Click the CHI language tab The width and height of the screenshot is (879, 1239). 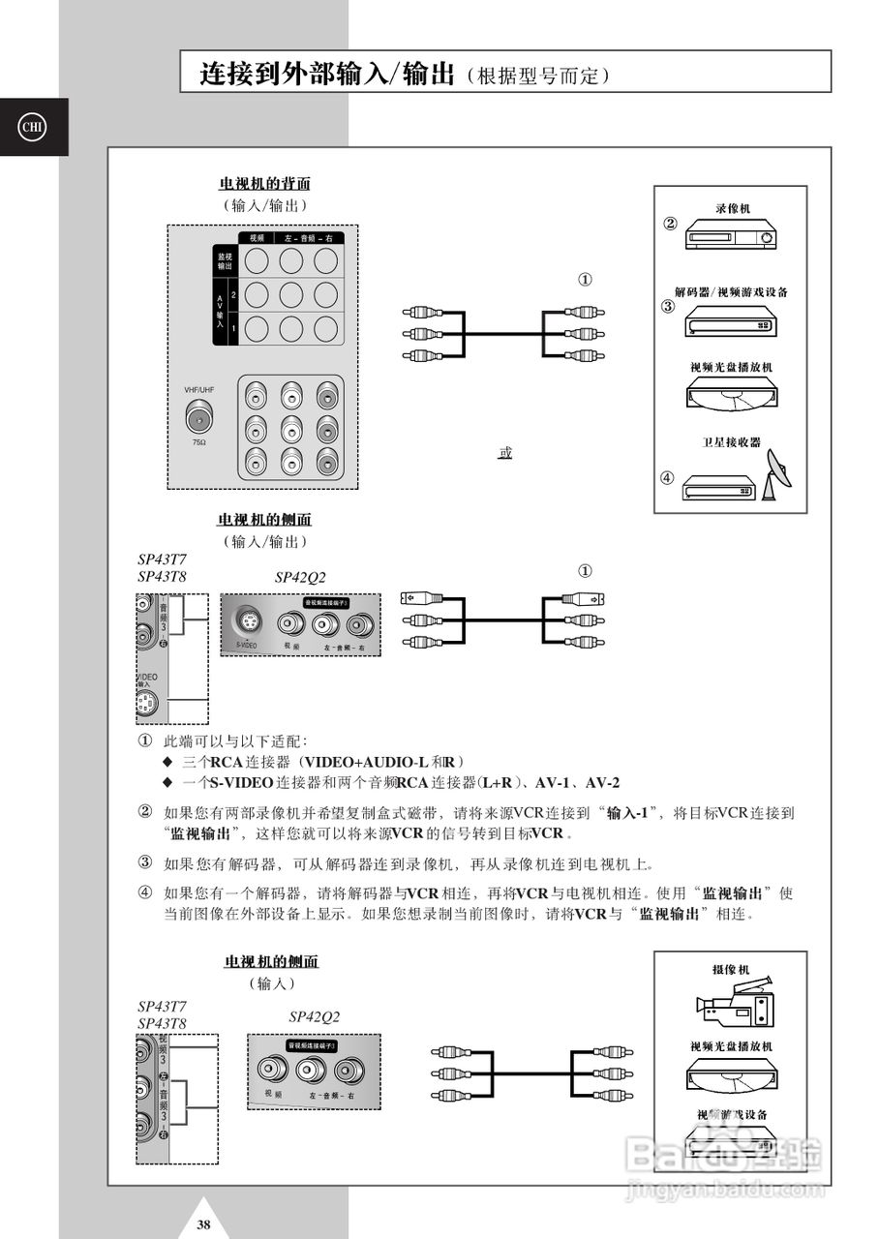tap(33, 127)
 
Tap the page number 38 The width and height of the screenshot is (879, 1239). tap(203, 1224)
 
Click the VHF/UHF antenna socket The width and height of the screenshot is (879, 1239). tap(200, 418)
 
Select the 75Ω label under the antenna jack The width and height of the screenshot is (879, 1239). tap(199, 442)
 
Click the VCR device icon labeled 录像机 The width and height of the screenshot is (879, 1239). tap(731, 235)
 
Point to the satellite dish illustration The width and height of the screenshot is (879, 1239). tap(775, 473)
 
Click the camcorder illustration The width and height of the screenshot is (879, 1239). tap(735, 1007)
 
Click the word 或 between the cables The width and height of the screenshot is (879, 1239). tap(504, 452)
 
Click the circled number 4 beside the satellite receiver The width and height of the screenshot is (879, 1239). tap(667, 477)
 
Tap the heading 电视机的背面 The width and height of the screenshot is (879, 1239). tap(264, 183)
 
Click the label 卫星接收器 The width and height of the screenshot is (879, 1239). tap(732, 442)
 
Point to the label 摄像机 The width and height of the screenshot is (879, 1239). tap(732, 969)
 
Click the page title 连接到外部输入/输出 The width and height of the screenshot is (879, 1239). tap(326, 74)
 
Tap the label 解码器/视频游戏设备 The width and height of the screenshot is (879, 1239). tap(731, 291)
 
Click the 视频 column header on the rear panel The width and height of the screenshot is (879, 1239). tap(257, 238)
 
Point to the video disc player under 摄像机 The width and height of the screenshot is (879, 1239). tap(732, 1073)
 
